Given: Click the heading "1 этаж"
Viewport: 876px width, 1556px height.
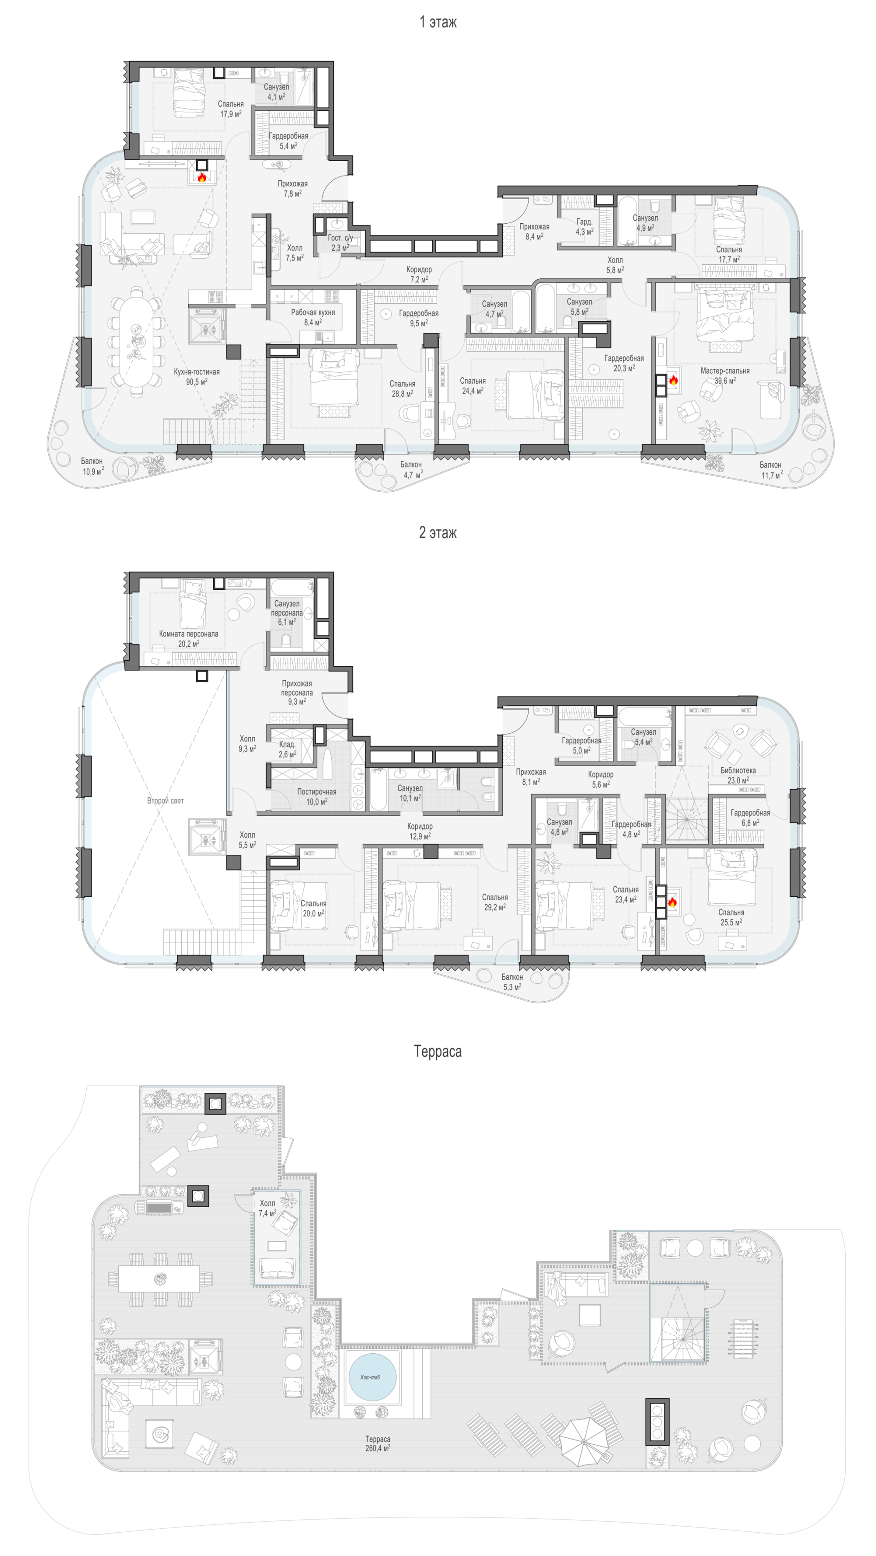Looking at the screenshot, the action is [438, 22].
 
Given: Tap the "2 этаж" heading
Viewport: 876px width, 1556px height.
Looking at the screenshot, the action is [438, 533].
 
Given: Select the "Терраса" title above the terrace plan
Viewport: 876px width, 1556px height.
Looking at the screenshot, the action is [438, 1052].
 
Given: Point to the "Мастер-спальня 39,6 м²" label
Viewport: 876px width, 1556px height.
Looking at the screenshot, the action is [725, 376].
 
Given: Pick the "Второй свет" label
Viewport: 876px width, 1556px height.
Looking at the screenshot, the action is [165, 801].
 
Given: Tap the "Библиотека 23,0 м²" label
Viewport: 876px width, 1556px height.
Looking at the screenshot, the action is [738, 775].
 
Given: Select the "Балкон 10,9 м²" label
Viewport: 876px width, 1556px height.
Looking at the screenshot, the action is [92, 466].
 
